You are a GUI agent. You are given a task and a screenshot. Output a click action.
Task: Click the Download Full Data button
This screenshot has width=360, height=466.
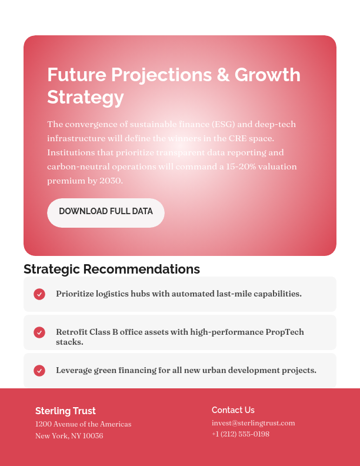click(x=106, y=212)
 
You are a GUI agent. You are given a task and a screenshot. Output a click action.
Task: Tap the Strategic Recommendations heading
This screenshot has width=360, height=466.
click(x=112, y=269)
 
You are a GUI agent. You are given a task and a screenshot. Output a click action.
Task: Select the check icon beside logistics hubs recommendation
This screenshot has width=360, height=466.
click(x=39, y=294)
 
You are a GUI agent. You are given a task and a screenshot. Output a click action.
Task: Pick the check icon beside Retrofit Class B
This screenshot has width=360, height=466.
click(x=39, y=332)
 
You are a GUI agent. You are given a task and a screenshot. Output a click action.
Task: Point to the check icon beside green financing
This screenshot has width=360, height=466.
click(x=39, y=371)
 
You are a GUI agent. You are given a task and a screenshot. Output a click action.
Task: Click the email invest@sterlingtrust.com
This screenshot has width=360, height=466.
click(x=253, y=423)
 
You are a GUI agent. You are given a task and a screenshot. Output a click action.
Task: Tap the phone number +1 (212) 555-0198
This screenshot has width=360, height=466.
click(x=241, y=434)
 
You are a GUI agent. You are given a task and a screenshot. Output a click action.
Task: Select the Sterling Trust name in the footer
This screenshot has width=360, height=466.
click(x=65, y=411)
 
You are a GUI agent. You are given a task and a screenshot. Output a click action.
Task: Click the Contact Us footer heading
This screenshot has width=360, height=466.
click(x=233, y=410)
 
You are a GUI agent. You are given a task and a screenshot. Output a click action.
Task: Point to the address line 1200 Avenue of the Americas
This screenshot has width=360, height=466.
click(x=83, y=424)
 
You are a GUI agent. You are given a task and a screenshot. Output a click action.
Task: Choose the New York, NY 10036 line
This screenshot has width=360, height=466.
click(x=69, y=436)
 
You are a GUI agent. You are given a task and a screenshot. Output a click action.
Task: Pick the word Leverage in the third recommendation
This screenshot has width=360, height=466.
click(x=74, y=370)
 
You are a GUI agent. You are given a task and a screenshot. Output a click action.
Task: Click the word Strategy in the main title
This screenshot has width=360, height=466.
click(x=85, y=97)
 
